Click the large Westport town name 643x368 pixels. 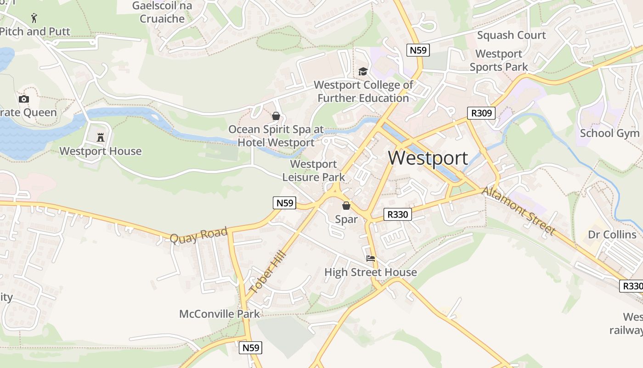(x=428, y=158)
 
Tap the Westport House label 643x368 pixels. (x=101, y=151)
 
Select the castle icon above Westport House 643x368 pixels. (x=101, y=137)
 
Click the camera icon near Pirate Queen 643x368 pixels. (x=24, y=99)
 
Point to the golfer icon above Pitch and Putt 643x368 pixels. (x=34, y=18)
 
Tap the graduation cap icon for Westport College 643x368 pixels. (x=363, y=71)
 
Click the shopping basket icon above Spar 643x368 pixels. (x=346, y=206)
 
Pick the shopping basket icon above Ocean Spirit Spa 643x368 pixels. (x=276, y=116)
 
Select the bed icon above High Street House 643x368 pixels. (x=371, y=259)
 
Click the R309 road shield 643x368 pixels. (x=481, y=113)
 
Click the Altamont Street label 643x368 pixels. (x=519, y=211)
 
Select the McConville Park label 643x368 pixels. (x=220, y=314)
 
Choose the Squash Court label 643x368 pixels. (x=511, y=35)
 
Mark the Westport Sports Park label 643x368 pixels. (x=499, y=60)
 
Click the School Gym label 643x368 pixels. (x=609, y=133)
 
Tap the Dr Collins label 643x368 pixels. (x=612, y=235)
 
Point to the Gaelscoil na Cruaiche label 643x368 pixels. (x=162, y=12)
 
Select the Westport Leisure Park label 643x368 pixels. (x=314, y=170)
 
